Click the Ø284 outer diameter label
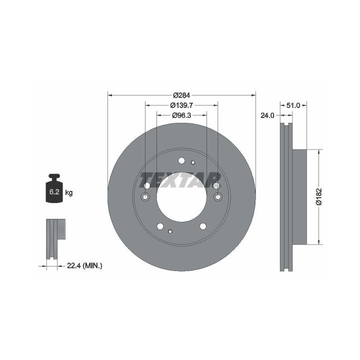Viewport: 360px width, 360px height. pos(181,95)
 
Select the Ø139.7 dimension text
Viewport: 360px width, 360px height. pos(181,105)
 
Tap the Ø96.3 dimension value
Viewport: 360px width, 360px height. pos(181,115)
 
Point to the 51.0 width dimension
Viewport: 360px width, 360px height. pos(293,105)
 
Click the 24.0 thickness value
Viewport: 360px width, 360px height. pos(267,115)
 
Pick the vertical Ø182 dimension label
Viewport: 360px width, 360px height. pos(318,196)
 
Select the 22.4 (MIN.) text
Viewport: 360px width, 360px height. pos(84,266)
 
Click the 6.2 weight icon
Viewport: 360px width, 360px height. pos(54,188)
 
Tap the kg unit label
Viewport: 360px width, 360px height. pos(69,192)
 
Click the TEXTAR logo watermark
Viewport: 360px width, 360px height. pos(180,180)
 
